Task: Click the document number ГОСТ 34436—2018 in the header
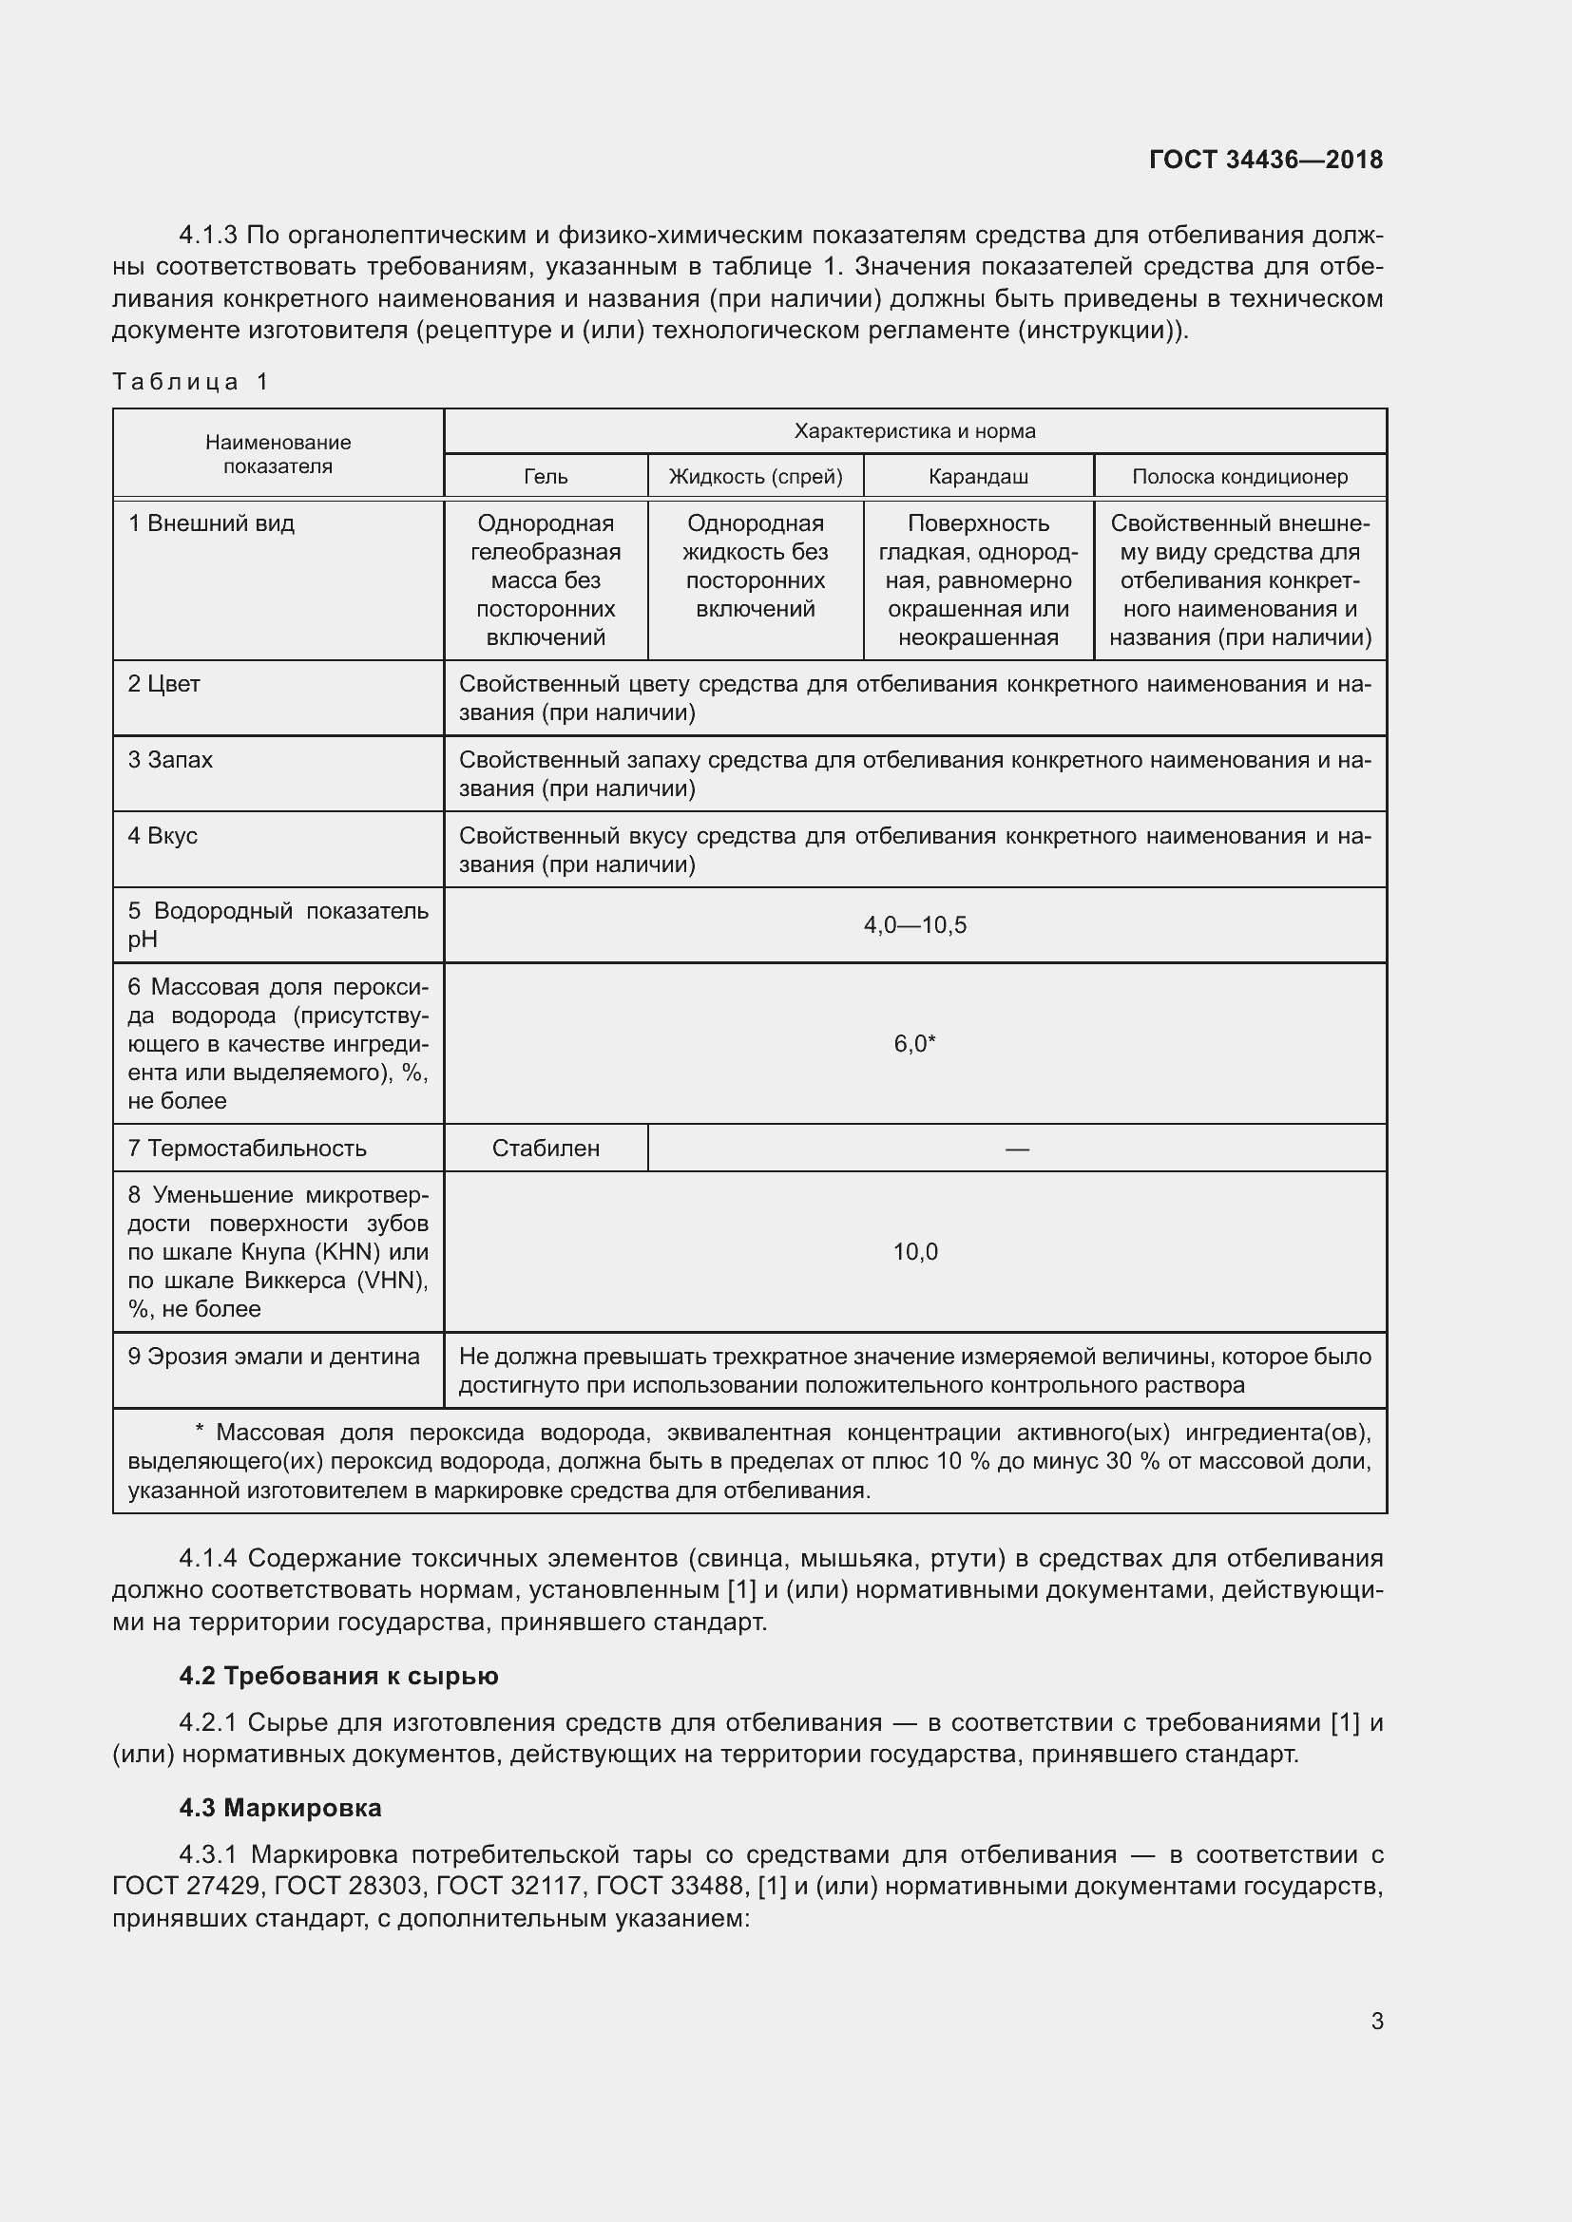click(1265, 160)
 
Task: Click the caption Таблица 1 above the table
click(190, 381)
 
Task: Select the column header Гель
click(545, 476)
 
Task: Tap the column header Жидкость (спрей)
click(755, 476)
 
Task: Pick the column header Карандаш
click(978, 476)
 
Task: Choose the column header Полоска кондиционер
click(1239, 476)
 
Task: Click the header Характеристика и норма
click(913, 430)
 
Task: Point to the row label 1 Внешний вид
click(211, 523)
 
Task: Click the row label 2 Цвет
click(163, 684)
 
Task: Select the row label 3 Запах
click(170, 760)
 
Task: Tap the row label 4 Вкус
click(163, 835)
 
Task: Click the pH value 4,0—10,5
click(913, 925)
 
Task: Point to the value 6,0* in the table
click(913, 1043)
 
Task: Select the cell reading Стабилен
click(545, 1148)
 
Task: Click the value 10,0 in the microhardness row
click(913, 1251)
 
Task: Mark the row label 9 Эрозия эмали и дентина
click(274, 1356)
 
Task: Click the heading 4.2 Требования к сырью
click(337, 1675)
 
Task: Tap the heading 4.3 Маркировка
click(279, 1807)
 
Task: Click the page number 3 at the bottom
click(1376, 2021)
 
